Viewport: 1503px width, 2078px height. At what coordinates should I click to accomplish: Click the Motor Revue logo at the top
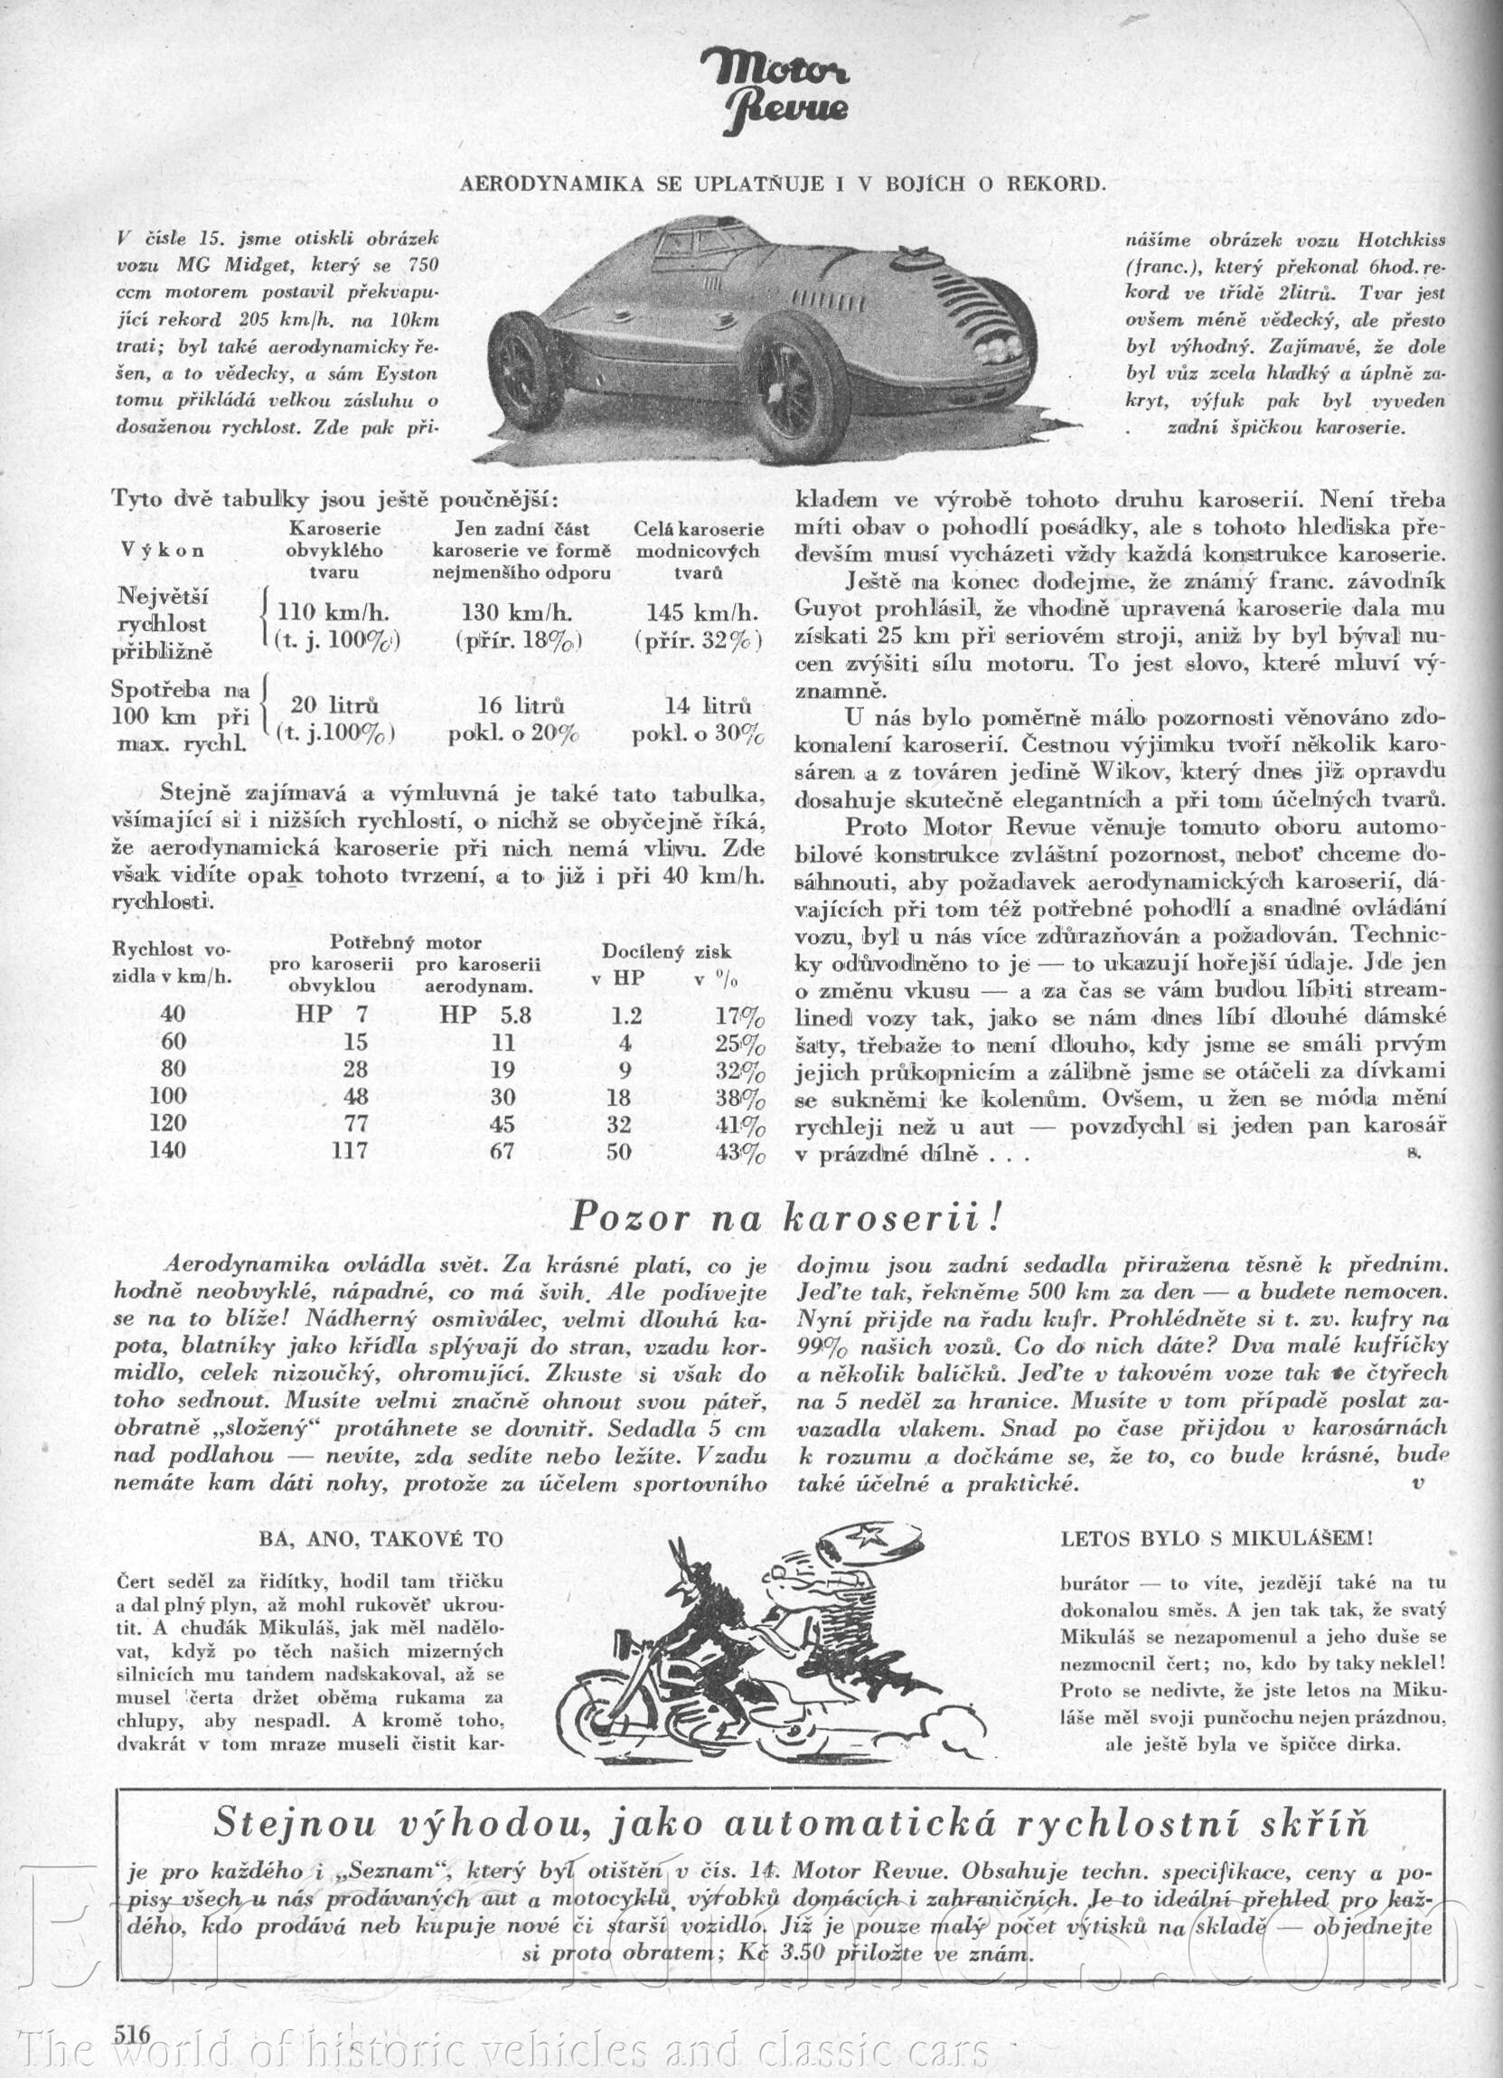point(775,90)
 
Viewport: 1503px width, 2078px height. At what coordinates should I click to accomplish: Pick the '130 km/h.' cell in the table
point(518,612)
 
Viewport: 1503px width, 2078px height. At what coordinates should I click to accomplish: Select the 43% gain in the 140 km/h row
point(740,1152)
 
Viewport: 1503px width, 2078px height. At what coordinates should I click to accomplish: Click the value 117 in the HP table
point(349,1152)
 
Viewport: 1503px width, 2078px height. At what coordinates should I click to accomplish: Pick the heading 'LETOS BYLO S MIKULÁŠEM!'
point(1216,1538)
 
